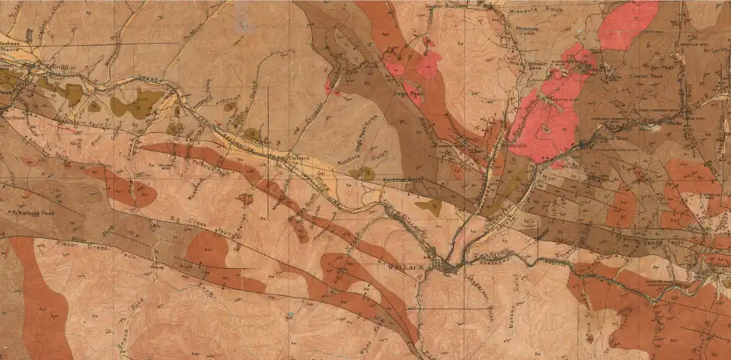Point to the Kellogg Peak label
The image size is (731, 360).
point(38,212)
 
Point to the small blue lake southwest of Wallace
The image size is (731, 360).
point(290,314)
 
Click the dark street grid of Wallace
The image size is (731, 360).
point(444,266)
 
